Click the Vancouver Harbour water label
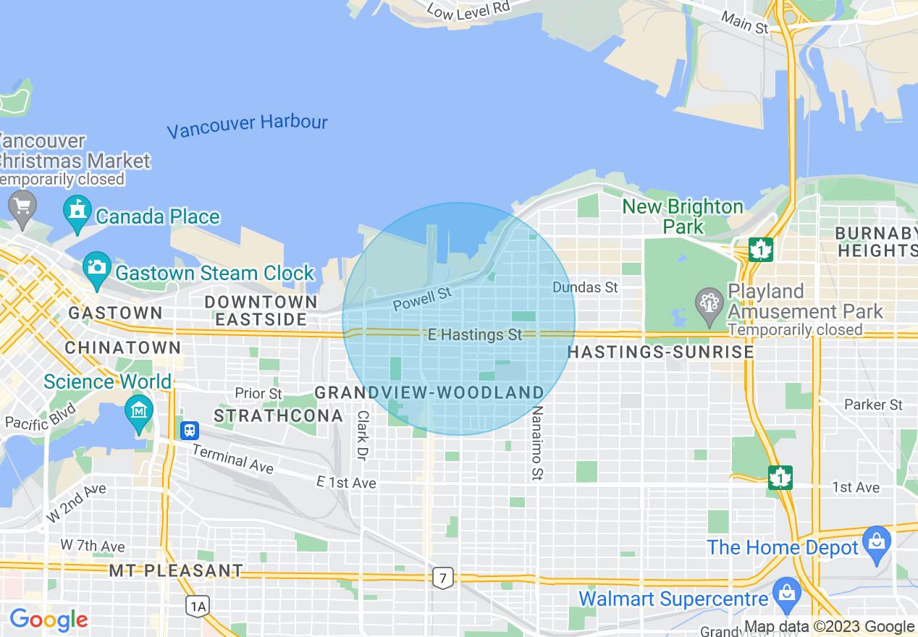click(247, 126)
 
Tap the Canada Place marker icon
click(77, 211)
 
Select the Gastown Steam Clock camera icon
click(96, 267)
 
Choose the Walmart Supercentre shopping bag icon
click(786, 591)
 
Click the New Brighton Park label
click(683, 216)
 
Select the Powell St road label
click(422, 299)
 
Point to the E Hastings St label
click(475, 334)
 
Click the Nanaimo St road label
click(536, 443)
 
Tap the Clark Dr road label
click(362, 435)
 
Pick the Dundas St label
click(585, 287)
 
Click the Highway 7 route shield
click(443, 577)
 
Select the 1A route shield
click(197, 605)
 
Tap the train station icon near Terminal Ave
click(190, 429)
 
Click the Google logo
click(49, 620)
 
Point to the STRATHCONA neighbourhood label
click(279, 415)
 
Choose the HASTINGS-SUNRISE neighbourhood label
click(660, 352)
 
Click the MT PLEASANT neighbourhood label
click(176, 570)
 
